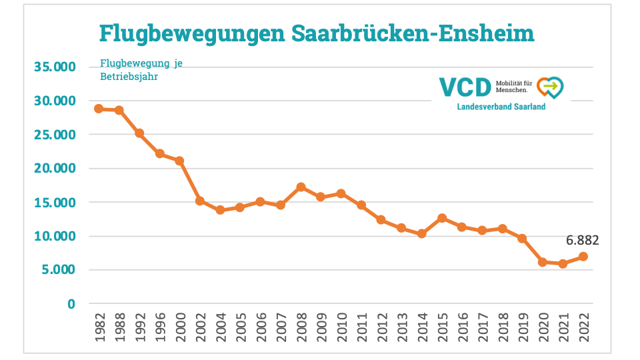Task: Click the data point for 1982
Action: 99,109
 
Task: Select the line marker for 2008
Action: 301,187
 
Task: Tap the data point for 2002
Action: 200,201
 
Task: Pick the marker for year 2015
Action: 442,218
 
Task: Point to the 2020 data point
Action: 543,262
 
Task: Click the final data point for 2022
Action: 583,257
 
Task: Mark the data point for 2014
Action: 421,234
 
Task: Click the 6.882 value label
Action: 583,240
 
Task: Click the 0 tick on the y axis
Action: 71,304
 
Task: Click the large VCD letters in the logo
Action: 465,87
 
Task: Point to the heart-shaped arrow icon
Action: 550,87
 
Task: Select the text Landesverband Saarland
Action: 501,107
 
